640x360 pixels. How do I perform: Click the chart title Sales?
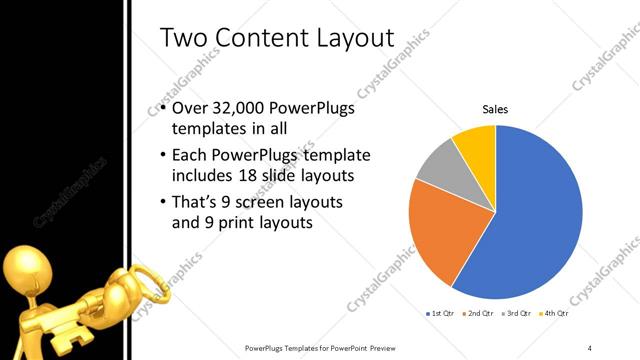pyautogui.click(x=496, y=109)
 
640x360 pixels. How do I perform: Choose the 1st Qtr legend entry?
pyautogui.click(x=440, y=314)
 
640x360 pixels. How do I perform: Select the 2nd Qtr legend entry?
pyautogui.click(x=478, y=314)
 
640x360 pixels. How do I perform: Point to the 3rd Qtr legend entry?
pyautogui.click(x=516, y=314)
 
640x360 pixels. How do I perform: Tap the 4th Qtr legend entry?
pyautogui.click(x=554, y=314)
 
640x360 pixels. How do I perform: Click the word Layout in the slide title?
pyautogui.click(x=341, y=38)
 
